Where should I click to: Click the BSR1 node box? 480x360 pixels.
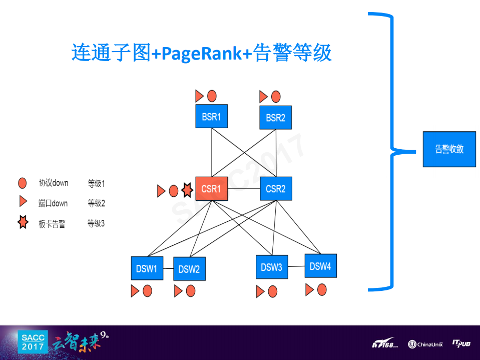pyautogui.click(x=211, y=117)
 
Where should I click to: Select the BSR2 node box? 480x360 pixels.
pyautogui.click(x=275, y=118)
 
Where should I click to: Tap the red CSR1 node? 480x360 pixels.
pyautogui.click(x=211, y=189)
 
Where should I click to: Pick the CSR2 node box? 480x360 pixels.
pyautogui.click(x=276, y=189)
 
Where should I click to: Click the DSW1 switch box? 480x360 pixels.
pyautogui.click(x=147, y=268)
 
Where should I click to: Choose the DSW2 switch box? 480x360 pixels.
pyautogui.click(x=189, y=269)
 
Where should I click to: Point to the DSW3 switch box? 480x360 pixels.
pyautogui.click(x=271, y=267)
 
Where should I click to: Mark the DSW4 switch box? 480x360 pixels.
pyautogui.click(x=320, y=266)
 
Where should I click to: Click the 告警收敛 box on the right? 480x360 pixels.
pyautogui.click(x=449, y=149)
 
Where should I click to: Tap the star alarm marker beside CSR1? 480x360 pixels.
pyautogui.click(x=187, y=190)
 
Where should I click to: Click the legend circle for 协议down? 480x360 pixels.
pyautogui.click(x=23, y=183)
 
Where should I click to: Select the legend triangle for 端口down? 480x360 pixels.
pyautogui.click(x=23, y=202)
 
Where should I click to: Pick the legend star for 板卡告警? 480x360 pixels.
pyautogui.click(x=23, y=223)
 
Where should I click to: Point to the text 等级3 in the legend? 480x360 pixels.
pyautogui.click(x=96, y=223)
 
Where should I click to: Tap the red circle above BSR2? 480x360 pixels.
pyautogui.click(x=276, y=97)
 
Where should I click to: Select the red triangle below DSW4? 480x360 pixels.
pyautogui.click(x=309, y=289)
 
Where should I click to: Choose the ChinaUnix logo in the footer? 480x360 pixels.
pyautogui.click(x=425, y=344)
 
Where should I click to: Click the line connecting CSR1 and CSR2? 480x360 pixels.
pyautogui.click(x=244, y=189)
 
